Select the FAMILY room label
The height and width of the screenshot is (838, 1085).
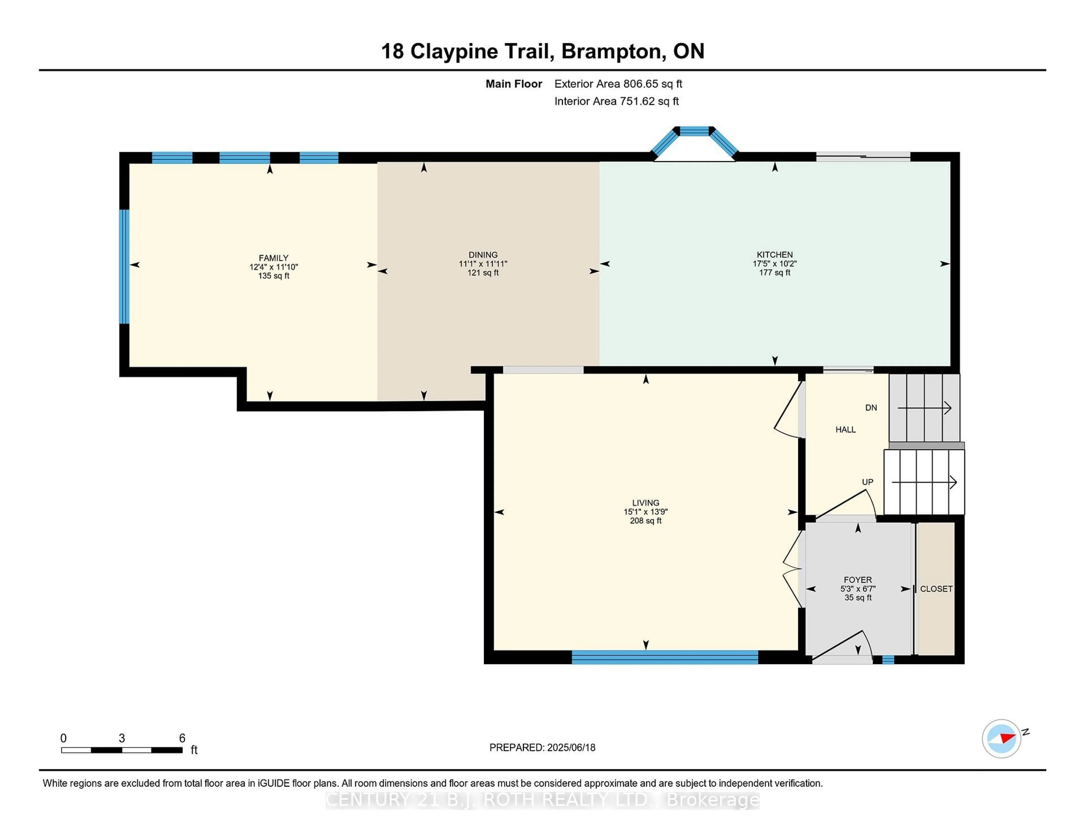coord(273,258)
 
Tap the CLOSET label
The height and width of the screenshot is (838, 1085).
coord(936,589)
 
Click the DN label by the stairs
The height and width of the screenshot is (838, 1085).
coord(871,408)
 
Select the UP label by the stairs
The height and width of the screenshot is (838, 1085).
coord(867,482)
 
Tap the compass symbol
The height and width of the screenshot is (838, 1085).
coord(1001,738)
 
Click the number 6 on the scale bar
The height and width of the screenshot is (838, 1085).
coord(182,738)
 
